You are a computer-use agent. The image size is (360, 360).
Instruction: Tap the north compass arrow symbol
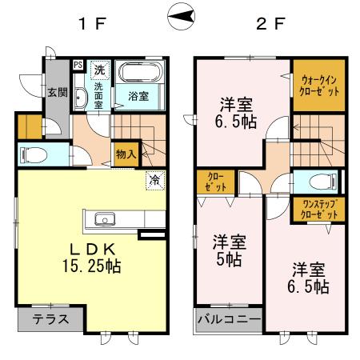pyautogui.click(x=182, y=17)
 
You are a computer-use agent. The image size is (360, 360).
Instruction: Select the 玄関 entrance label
pyautogui.click(x=54, y=92)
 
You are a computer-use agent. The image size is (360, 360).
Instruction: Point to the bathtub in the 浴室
pyautogui.click(x=141, y=75)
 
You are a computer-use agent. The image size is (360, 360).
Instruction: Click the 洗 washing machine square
pyautogui.click(x=100, y=69)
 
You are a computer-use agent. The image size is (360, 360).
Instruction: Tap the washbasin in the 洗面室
pyautogui.click(x=82, y=98)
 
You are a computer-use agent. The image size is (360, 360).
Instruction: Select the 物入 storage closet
pyautogui.click(x=126, y=152)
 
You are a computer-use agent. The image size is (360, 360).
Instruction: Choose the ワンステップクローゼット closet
pyautogui.click(x=318, y=210)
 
